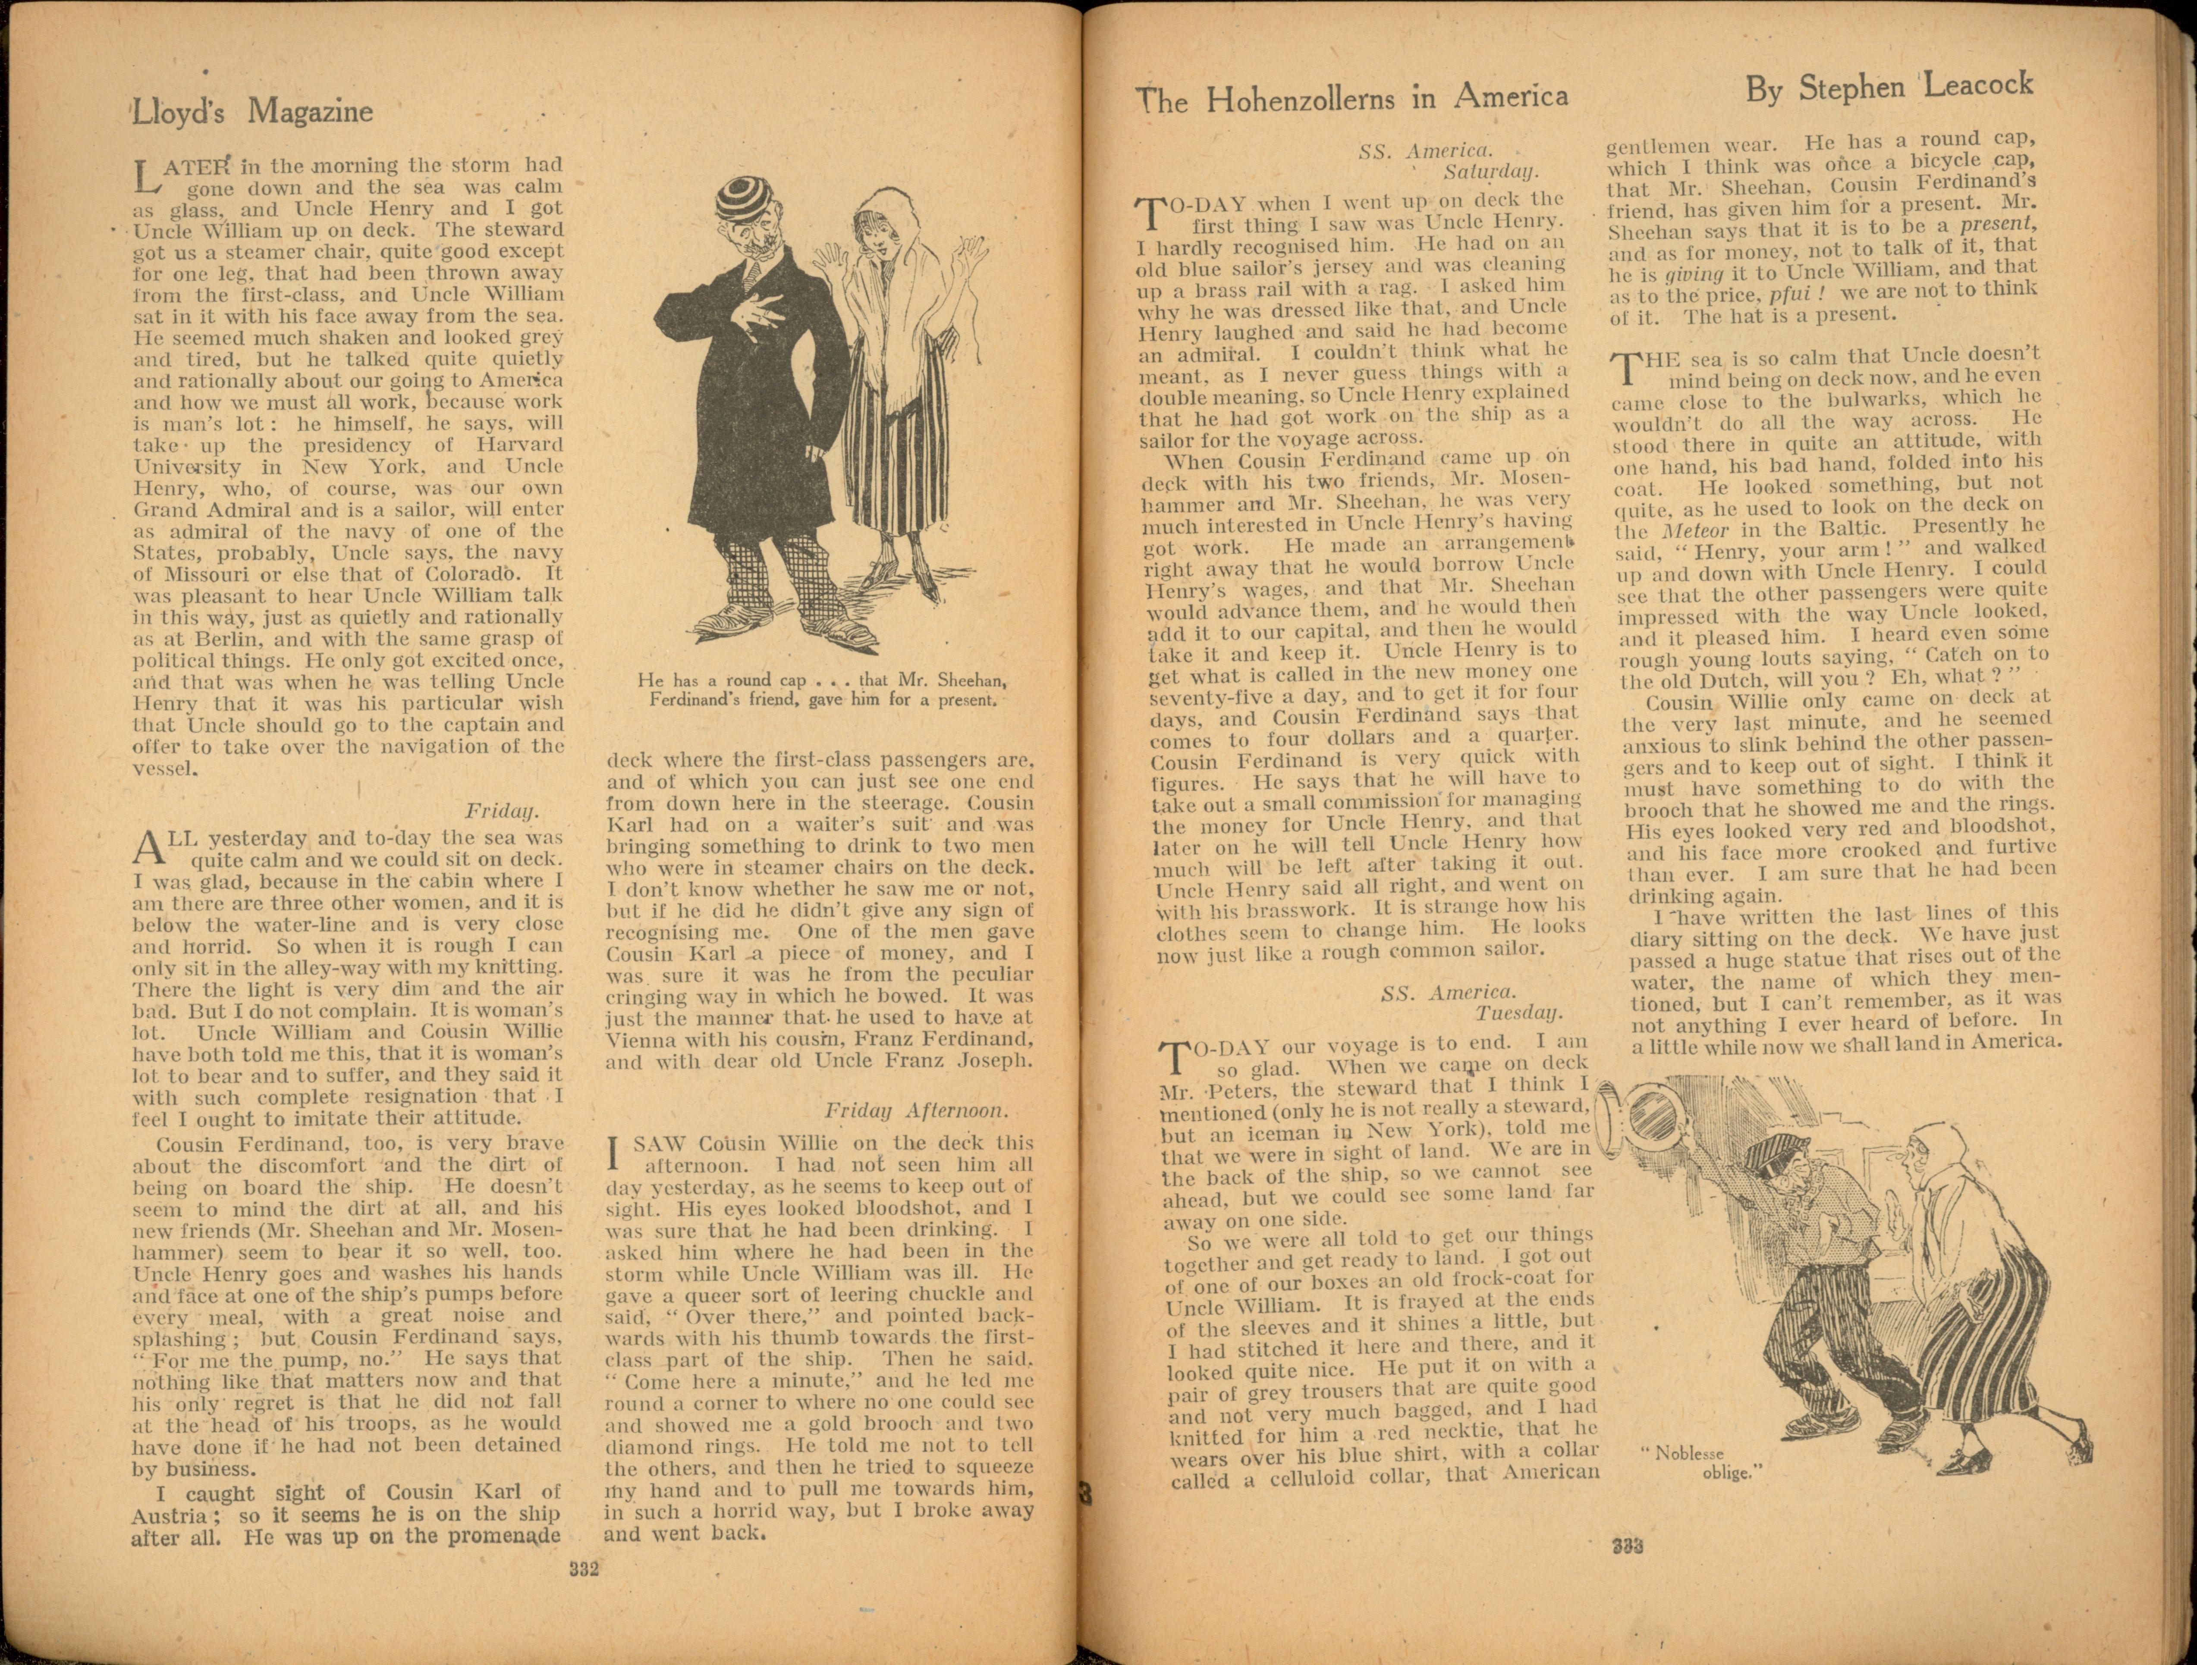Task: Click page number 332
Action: click(x=584, y=1570)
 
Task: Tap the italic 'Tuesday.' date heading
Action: click(x=1518, y=1013)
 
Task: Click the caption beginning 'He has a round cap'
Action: click(x=822, y=689)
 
